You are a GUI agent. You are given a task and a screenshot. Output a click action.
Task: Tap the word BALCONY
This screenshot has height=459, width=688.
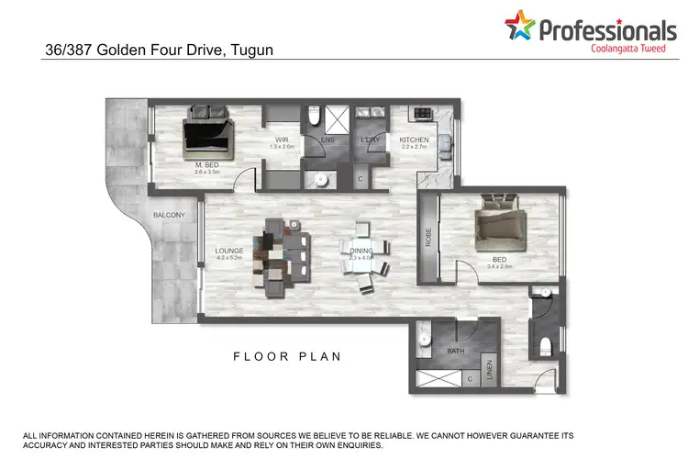170,216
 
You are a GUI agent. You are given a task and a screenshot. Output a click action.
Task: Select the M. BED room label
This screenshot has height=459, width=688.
205,165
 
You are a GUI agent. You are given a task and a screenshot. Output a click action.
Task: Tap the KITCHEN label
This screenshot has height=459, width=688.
414,140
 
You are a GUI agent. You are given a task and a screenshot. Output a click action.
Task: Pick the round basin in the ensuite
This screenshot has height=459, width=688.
321,178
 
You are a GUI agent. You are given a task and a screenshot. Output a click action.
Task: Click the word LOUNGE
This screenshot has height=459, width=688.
227,251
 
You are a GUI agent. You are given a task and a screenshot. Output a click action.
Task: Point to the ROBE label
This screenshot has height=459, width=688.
428,239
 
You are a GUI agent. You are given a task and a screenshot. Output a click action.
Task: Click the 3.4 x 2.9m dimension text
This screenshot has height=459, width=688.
500,267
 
